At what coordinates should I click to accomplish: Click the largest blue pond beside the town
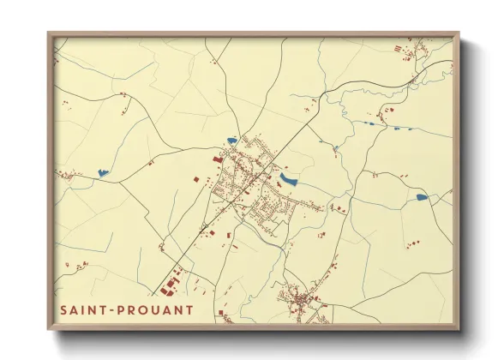pos(288,179)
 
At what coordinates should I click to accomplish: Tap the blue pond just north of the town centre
pos(231,141)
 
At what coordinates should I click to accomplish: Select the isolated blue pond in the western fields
pos(103,172)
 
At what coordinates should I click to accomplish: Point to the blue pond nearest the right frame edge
pos(421,197)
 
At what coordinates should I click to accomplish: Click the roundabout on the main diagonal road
pos(205,228)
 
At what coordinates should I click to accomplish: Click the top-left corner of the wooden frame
pos(49,34)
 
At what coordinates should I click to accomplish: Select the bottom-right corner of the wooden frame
pos(459,329)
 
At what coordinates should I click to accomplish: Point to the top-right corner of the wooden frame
pos(459,34)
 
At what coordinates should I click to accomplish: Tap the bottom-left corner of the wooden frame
pos(49,329)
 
